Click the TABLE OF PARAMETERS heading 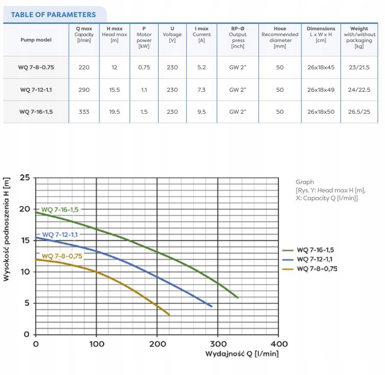pos(53,15)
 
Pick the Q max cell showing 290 pos(84,90)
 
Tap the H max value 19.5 pos(114,112)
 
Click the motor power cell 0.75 pos(144,67)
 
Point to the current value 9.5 pos(202,112)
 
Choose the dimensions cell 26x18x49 pos(321,90)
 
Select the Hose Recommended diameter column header pos(280,38)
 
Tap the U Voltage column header pos(172,35)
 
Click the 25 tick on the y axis pos(25,177)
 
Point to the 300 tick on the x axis pos(218,344)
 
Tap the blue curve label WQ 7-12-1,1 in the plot pos(60,234)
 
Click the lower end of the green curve pos(238,297)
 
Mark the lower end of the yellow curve pos(169,315)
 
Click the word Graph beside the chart pos(305,182)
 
